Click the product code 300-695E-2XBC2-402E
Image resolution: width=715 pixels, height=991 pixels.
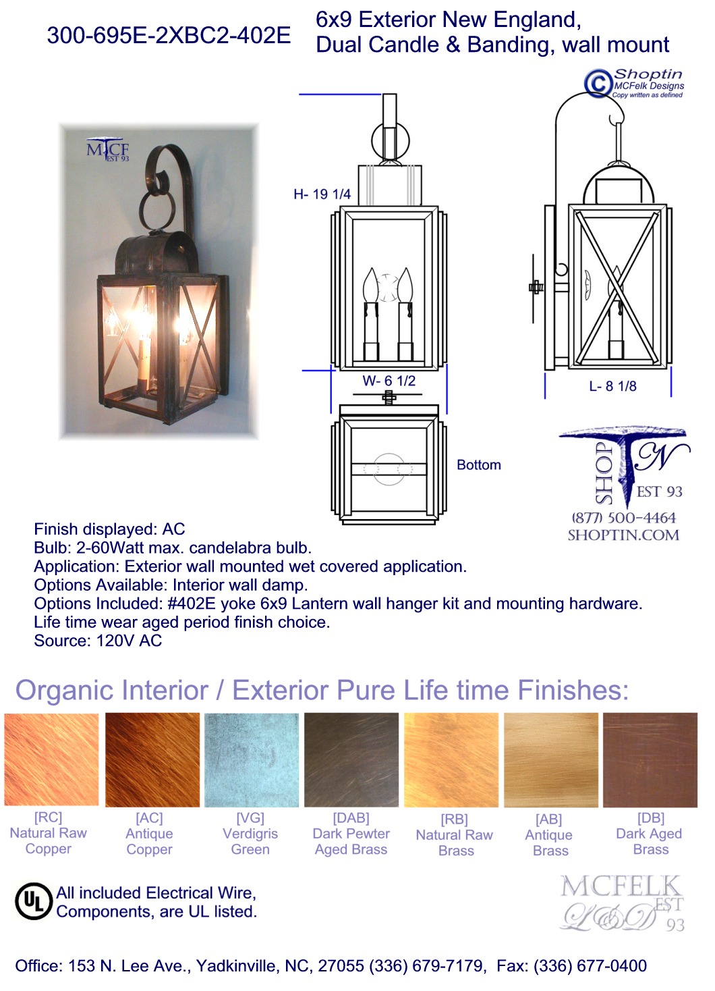pyautogui.click(x=169, y=35)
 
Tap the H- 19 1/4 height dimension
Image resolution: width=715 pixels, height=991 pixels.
pyautogui.click(x=322, y=194)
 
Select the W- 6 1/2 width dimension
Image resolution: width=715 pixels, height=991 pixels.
pyautogui.click(x=389, y=381)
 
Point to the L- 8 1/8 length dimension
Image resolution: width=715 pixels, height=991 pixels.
pyautogui.click(x=613, y=386)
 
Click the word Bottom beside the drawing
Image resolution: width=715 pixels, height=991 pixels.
pyautogui.click(x=479, y=465)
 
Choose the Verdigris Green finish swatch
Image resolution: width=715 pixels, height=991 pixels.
pyautogui.click(x=252, y=759)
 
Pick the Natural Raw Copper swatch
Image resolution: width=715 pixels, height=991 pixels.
pyautogui.click(x=51, y=759)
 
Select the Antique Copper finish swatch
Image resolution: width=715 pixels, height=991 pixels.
pyautogui.click(x=152, y=759)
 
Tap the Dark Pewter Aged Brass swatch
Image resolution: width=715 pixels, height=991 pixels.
pyautogui.click(x=351, y=759)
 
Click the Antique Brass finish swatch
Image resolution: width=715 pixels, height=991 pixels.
pyautogui.click(x=551, y=759)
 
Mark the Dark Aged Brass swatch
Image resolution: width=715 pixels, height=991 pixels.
pyautogui.click(x=650, y=759)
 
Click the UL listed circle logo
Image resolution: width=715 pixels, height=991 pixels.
pyautogui.click(x=34, y=901)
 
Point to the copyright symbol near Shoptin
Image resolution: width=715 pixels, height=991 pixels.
pyautogui.click(x=598, y=83)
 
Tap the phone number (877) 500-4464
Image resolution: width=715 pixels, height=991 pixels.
pyautogui.click(x=623, y=518)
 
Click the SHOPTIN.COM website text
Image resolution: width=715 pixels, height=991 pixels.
pyautogui.click(x=623, y=535)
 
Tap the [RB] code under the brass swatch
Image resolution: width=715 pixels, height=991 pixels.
pyautogui.click(x=455, y=820)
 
